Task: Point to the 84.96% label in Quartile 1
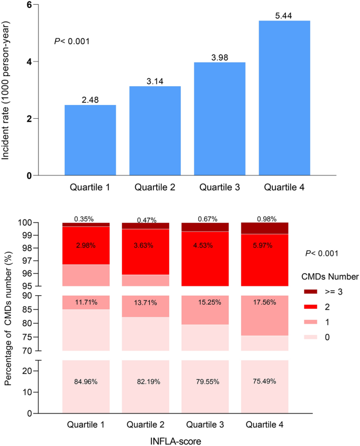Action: click(86, 381)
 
